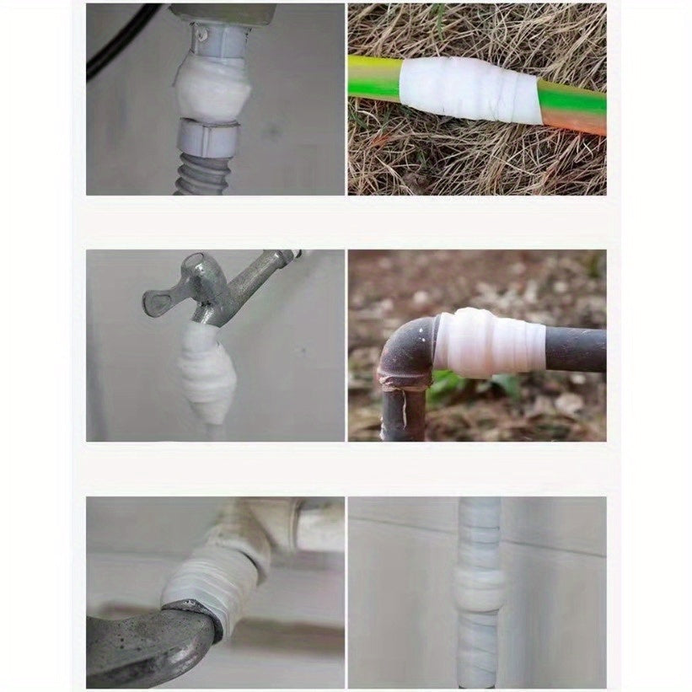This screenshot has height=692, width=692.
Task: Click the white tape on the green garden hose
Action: click(468, 89)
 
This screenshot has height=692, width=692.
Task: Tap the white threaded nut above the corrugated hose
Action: click(207, 137)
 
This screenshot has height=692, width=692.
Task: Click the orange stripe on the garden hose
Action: click(573, 122)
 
